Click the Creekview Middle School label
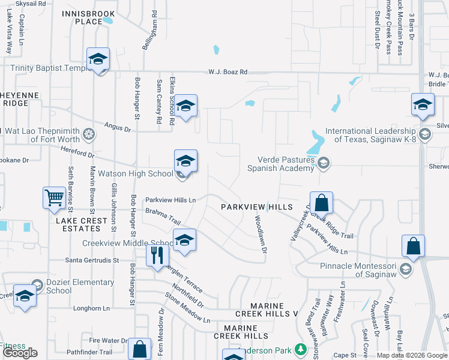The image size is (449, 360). coord(128,243)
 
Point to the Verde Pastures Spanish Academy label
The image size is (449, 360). coord(282,164)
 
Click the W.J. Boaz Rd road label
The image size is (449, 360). coord(228,72)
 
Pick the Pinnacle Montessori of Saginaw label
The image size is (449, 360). coord(351,269)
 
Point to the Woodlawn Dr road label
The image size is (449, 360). coord(261,235)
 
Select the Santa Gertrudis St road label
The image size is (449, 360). coord(92,260)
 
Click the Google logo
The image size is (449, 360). coord(19,353)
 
